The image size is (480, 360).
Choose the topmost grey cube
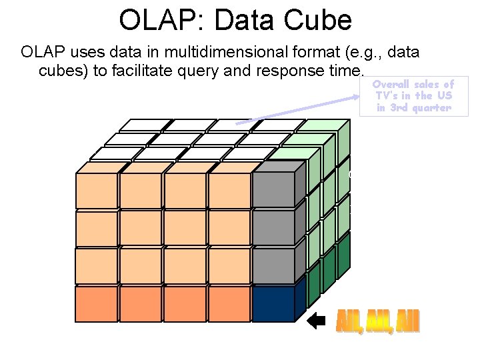click(273, 190)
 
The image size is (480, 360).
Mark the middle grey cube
click(273, 229)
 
